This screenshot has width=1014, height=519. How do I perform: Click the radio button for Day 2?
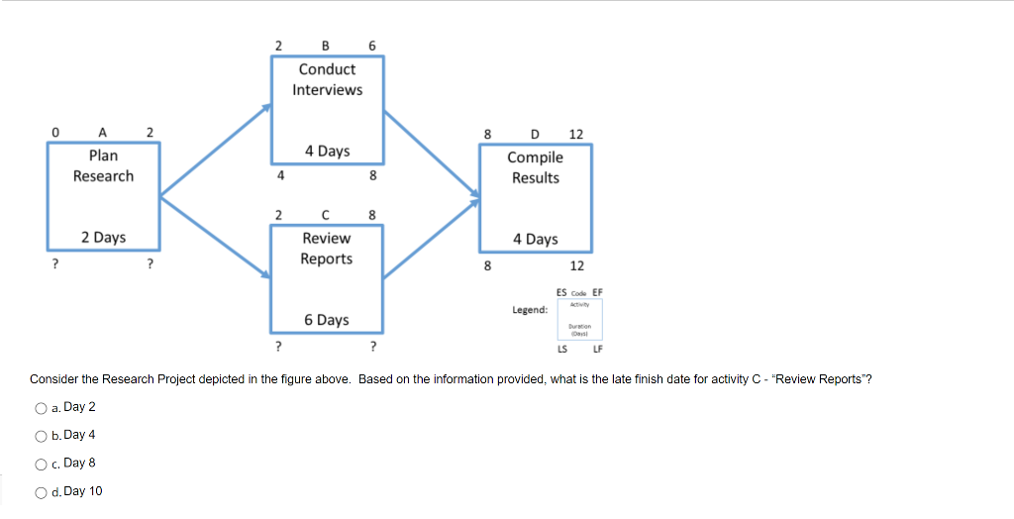(x=41, y=408)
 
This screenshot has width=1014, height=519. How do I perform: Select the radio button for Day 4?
(x=41, y=436)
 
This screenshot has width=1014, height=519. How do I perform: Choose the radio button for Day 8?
(x=41, y=464)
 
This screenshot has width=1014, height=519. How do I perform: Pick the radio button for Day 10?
(x=41, y=492)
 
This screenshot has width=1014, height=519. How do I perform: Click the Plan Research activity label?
(x=103, y=165)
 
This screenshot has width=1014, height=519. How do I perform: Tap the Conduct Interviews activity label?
(x=327, y=79)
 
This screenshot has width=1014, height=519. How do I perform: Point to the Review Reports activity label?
(x=327, y=249)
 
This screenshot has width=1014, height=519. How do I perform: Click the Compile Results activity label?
(x=535, y=167)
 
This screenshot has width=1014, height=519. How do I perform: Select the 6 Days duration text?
(x=327, y=320)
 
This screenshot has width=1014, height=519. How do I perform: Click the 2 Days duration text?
(x=103, y=238)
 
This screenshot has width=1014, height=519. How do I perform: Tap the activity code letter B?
(x=326, y=46)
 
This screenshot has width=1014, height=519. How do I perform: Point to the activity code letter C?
(x=326, y=215)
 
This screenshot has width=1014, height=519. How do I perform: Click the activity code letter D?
(x=536, y=134)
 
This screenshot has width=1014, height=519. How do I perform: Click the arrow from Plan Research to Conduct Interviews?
(x=216, y=149)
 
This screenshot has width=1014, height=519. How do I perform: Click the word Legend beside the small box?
(x=530, y=310)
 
